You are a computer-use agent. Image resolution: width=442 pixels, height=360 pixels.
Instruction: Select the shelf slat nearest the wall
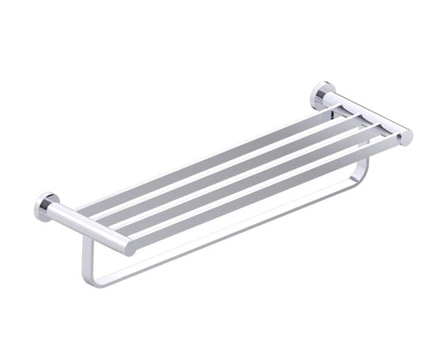[207, 153]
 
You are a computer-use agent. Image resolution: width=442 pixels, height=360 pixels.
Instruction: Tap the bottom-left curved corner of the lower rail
[91, 278]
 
